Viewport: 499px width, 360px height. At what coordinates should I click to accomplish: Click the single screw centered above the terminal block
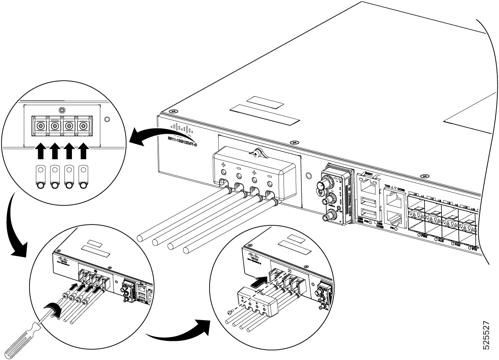pyautogui.click(x=62, y=110)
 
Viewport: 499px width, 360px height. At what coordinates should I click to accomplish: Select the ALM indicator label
pyautogui.click(x=441, y=239)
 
